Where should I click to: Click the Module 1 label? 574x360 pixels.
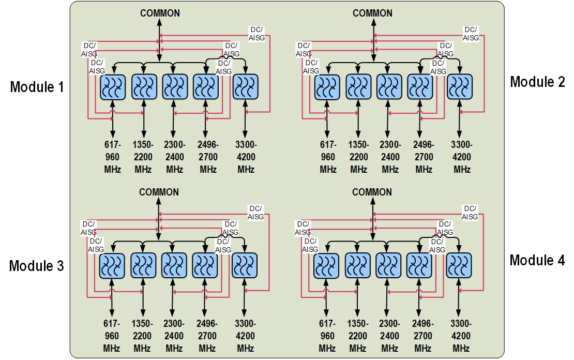click(37, 86)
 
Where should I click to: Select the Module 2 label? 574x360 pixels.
click(537, 82)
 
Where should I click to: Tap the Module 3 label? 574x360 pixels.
click(36, 266)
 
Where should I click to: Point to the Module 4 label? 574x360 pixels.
click(537, 260)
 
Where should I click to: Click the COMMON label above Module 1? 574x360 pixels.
click(160, 13)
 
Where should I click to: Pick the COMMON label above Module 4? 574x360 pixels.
click(372, 192)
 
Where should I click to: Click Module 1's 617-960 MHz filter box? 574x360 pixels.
click(112, 86)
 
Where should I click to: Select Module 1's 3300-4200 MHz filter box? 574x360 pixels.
click(246, 86)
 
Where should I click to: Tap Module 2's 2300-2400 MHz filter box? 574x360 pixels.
click(389, 86)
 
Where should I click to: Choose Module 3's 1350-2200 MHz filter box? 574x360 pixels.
click(143, 266)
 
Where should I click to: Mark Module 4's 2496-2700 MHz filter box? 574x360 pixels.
click(419, 266)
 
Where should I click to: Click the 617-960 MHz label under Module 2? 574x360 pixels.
click(327, 157)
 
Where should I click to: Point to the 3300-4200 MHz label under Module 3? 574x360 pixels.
click(245, 336)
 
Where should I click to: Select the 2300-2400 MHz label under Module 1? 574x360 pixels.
click(175, 157)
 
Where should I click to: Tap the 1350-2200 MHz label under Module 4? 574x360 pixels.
click(357, 336)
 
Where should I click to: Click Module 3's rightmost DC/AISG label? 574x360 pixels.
click(255, 213)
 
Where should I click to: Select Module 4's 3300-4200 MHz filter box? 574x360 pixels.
click(459, 266)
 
